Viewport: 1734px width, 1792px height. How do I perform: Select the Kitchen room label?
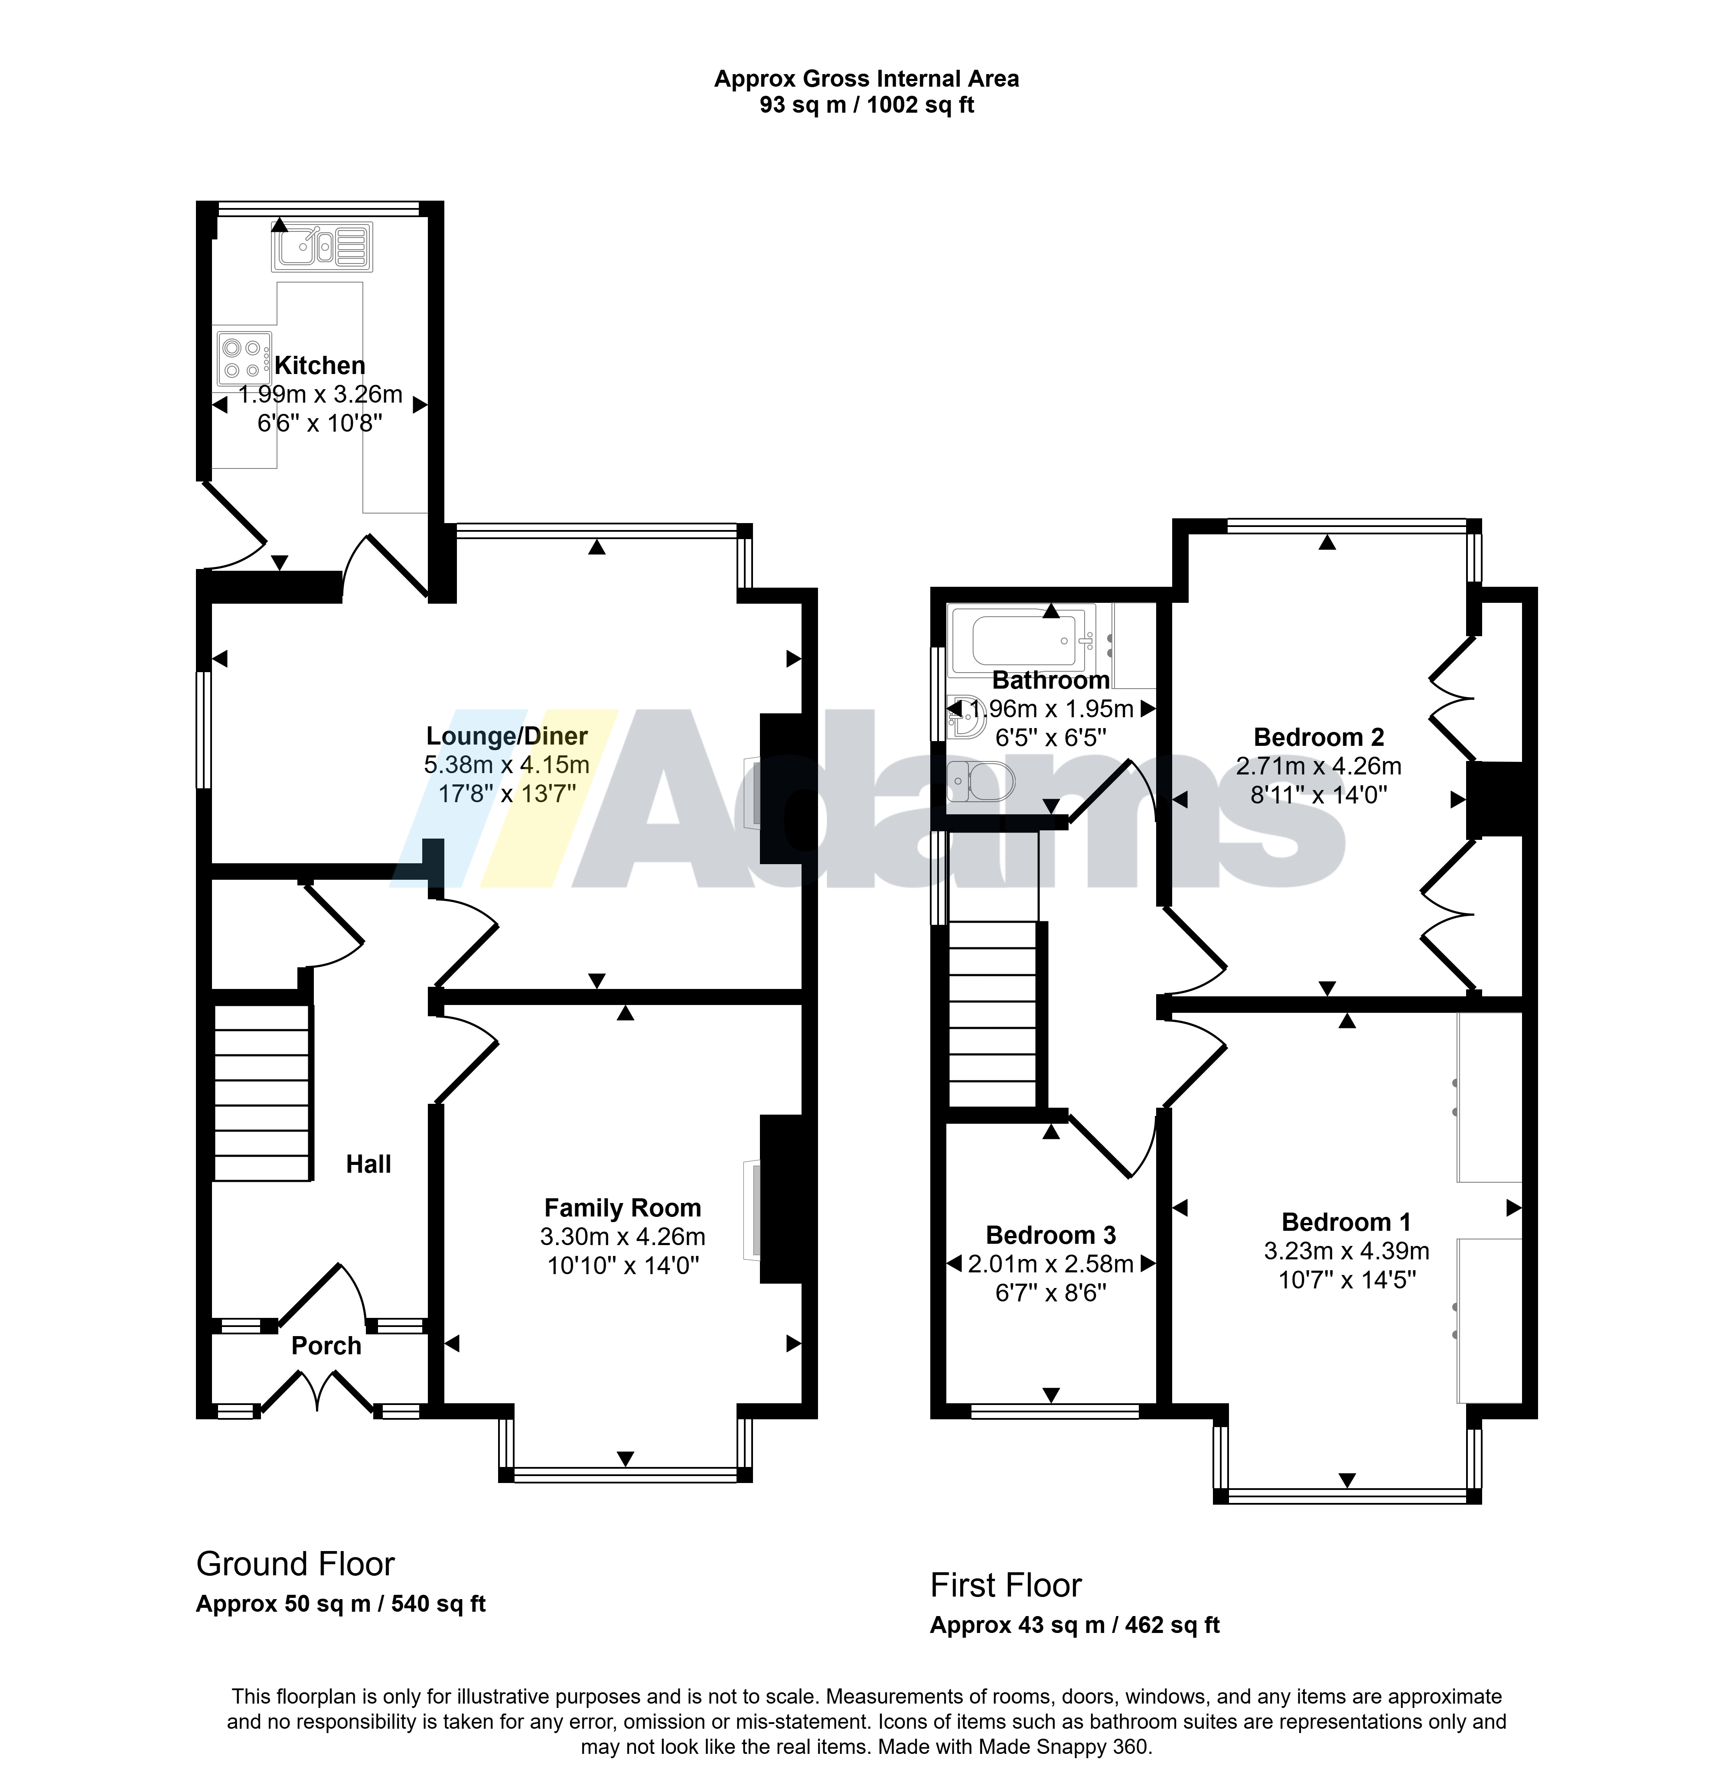click(x=320, y=366)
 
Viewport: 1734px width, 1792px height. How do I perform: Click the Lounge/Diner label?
click(x=507, y=736)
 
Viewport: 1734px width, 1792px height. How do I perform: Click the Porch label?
click(x=326, y=1346)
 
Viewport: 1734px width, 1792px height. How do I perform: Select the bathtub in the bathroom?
click(x=1023, y=639)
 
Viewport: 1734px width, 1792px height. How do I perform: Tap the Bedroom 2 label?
click(x=1319, y=737)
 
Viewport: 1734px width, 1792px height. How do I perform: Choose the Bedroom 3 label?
click(x=1051, y=1235)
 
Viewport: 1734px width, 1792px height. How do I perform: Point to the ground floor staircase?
click(x=262, y=1093)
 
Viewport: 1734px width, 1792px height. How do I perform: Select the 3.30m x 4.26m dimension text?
click(x=623, y=1237)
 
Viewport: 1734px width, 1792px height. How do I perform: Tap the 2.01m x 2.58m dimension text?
click(x=1051, y=1265)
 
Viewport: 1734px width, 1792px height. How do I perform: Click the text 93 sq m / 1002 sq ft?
click(x=867, y=105)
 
